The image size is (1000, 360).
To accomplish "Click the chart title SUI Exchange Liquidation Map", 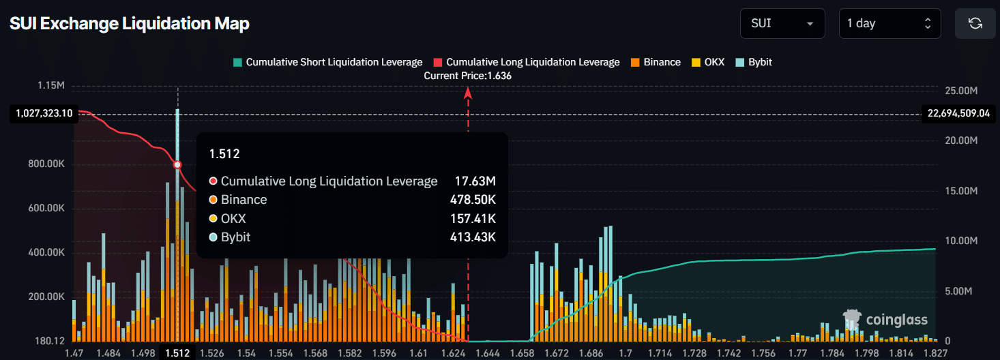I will point(130,23).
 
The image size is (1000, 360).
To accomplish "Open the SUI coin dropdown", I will point(782,23).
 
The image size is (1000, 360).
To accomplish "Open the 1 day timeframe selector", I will point(889,23).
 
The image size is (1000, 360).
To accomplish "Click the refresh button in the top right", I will point(975,23).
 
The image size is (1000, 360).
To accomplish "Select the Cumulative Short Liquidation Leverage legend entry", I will point(327,62).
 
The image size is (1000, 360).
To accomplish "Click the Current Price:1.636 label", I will point(467,76).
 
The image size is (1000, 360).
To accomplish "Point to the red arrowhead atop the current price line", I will point(468,93).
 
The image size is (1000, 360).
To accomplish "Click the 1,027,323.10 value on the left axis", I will point(42,113).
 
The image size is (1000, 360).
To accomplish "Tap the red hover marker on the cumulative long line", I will point(177,165).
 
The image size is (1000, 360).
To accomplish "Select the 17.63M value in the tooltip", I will point(475,181).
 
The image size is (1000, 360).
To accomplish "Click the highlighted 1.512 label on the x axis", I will point(177,352).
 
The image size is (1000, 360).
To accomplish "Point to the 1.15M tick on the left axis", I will point(52,86).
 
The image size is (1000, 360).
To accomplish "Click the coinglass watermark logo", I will point(885,320).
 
